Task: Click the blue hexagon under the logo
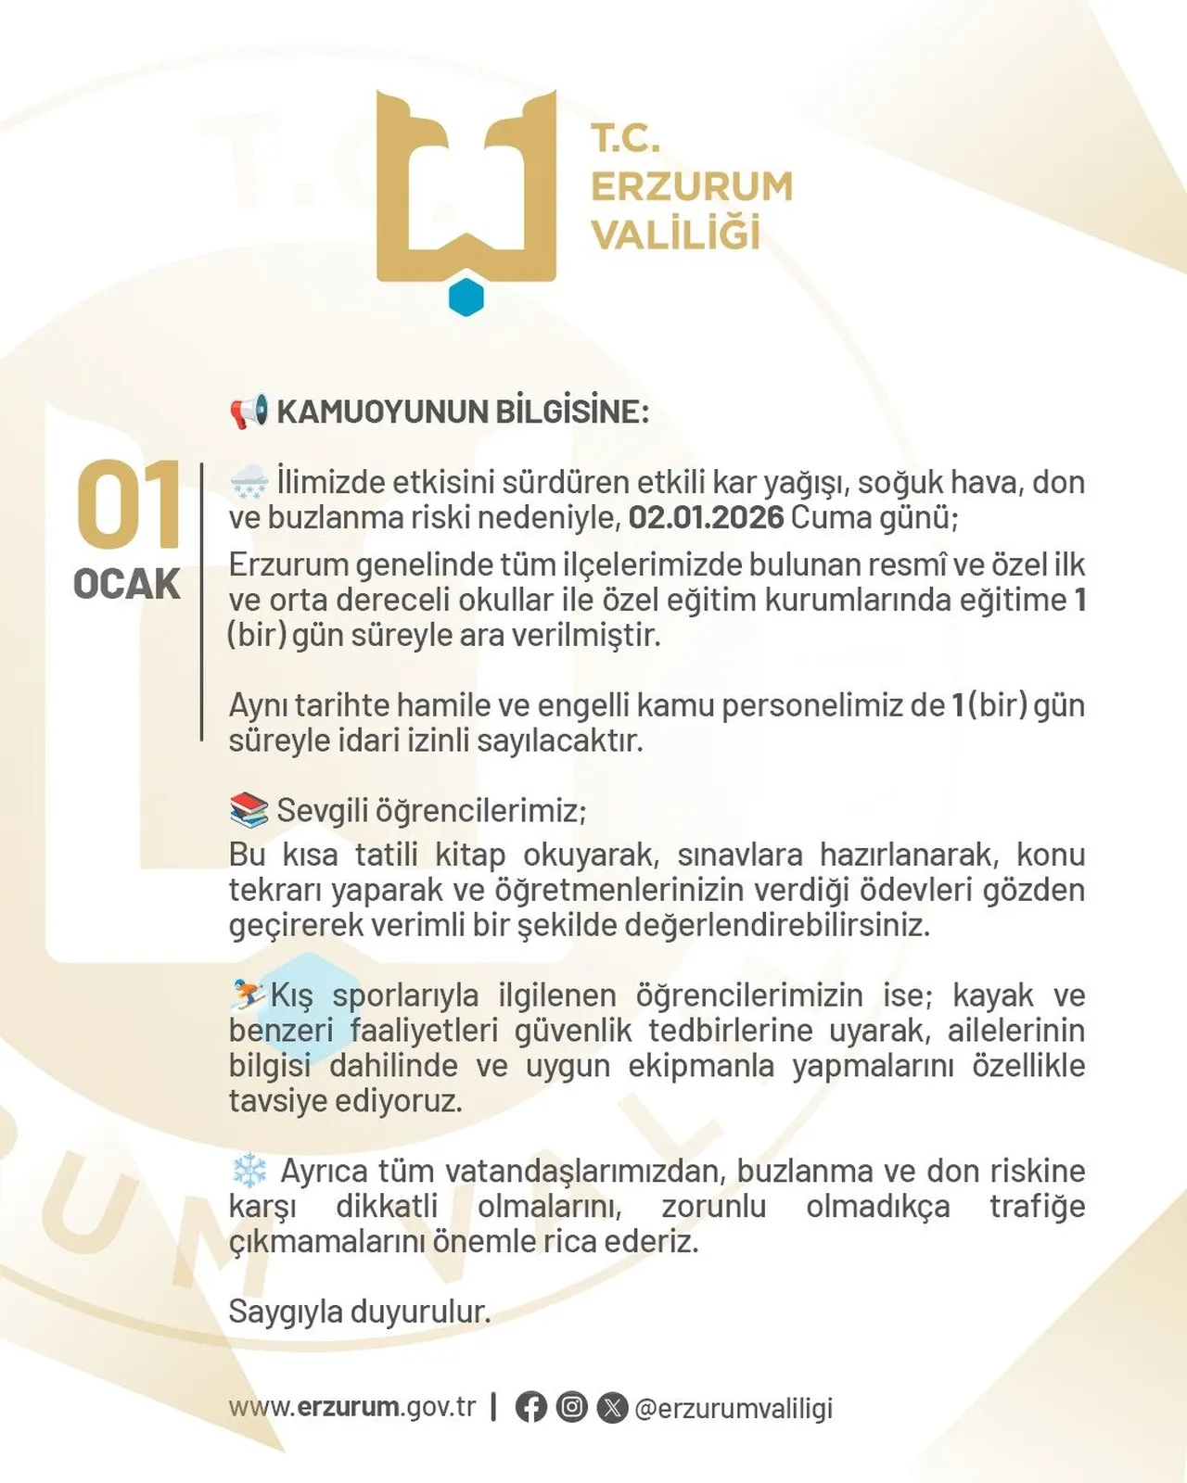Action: point(466,297)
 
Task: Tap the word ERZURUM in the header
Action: point(692,186)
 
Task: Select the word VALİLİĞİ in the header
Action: point(676,234)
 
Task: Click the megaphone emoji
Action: point(249,411)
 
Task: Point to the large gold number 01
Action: point(128,505)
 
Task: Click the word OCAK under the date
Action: point(127,585)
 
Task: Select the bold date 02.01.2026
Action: point(706,517)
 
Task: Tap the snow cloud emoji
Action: point(249,482)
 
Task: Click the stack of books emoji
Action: point(249,810)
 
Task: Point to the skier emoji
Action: point(249,995)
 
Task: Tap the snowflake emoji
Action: point(249,1171)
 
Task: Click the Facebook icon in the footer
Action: point(530,1407)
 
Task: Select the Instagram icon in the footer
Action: point(571,1407)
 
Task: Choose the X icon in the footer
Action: point(612,1407)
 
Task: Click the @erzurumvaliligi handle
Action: point(733,1408)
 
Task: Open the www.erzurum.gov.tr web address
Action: point(352,1407)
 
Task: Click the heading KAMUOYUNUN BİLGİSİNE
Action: point(463,412)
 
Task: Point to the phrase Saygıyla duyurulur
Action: point(360,1312)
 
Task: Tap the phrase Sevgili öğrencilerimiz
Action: point(431,811)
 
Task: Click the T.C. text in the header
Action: point(626,139)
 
